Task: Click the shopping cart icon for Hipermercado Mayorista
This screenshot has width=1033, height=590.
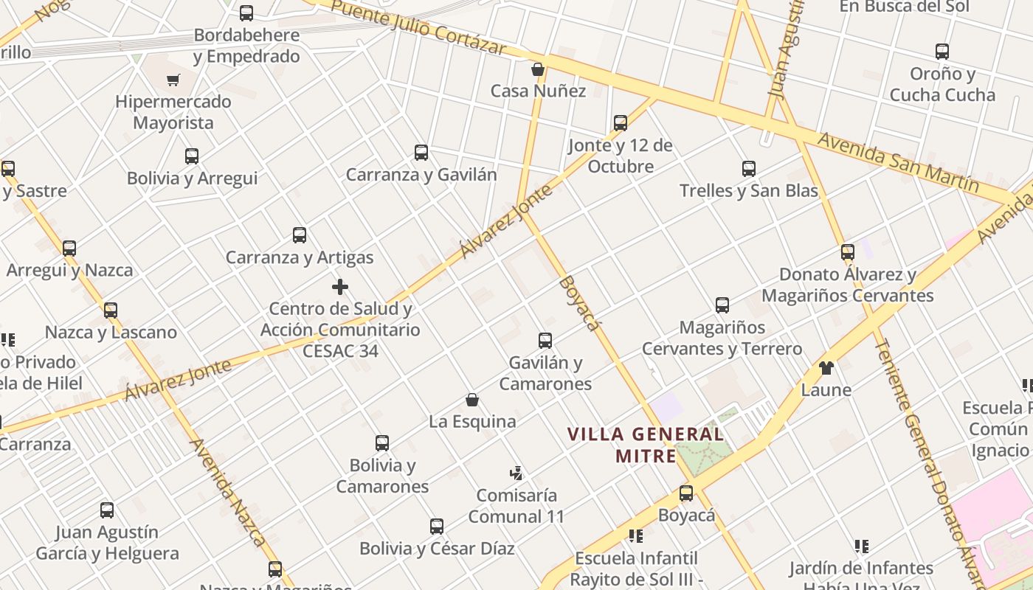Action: pos(173,80)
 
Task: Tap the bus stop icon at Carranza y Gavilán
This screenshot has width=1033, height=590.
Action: pos(421,153)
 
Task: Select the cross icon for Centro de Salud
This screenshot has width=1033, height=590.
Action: pos(340,286)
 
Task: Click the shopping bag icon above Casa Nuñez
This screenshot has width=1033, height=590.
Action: pos(538,69)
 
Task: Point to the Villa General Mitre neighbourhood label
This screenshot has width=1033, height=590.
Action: pos(646,445)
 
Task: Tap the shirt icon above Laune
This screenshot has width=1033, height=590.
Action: pos(826,367)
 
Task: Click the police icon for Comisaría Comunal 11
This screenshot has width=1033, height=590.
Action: pos(516,473)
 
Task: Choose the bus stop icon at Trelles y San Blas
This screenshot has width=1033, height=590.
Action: pos(749,169)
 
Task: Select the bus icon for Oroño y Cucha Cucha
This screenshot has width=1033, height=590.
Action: pos(942,52)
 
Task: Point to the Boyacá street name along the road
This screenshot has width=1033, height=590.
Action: pos(580,303)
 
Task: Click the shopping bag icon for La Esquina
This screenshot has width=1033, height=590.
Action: pos(472,400)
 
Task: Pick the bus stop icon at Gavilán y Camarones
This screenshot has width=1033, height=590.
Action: pos(545,341)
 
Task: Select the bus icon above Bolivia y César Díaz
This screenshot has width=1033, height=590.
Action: pos(437,527)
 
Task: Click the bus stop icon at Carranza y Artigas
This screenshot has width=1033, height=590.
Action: pos(300,235)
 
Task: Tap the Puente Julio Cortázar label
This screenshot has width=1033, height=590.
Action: pos(418,28)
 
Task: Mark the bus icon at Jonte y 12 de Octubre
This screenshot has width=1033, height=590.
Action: pos(621,123)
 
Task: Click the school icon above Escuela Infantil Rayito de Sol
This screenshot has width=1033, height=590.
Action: pos(635,535)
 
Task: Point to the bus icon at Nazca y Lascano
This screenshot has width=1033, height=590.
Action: pos(111,310)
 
